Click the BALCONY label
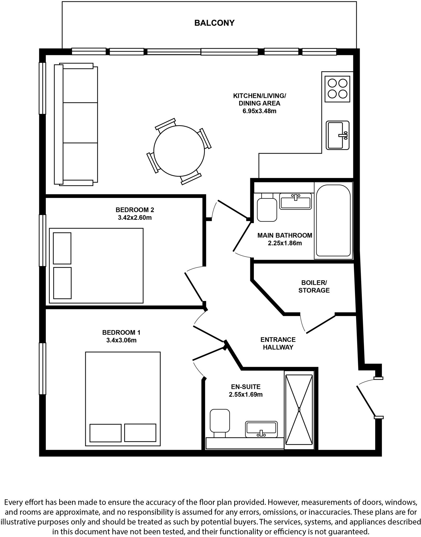click(x=214, y=23)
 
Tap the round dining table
click(x=179, y=151)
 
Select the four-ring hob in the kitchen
click(x=337, y=89)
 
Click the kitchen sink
click(x=337, y=135)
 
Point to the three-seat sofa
click(x=76, y=124)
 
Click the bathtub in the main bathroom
click(x=333, y=221)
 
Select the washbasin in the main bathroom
click(x=295, y=201)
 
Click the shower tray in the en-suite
click(x=299, y=409)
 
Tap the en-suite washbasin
click(x=261, y=429)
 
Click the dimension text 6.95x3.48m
click(x=259, y=111)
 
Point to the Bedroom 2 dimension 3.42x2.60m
click(x=135, y=218)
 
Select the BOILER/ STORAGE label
click(x=314, y=286)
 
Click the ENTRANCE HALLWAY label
click(x=278, y=343)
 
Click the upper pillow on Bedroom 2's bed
click(x=62, y=248)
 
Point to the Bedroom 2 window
click(x=42, y=240)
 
